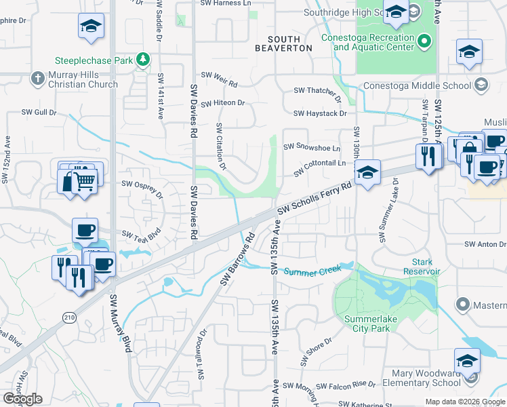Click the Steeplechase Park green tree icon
pyautogui.click(x=143, y=60)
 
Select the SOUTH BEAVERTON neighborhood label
pyautogui.click(x=283, y=44)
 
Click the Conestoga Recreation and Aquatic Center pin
pyautogui.click(x=424, y=42)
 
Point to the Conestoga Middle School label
pyautogui.click(x=417, y=85)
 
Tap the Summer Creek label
pyautogui.click(x=310, y=271)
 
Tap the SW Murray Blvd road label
pyautogui.click(x=121, y=324)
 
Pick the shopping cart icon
pyautogui.click(x=84, y=180)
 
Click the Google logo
pyautogui.click(x=22, y=399)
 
